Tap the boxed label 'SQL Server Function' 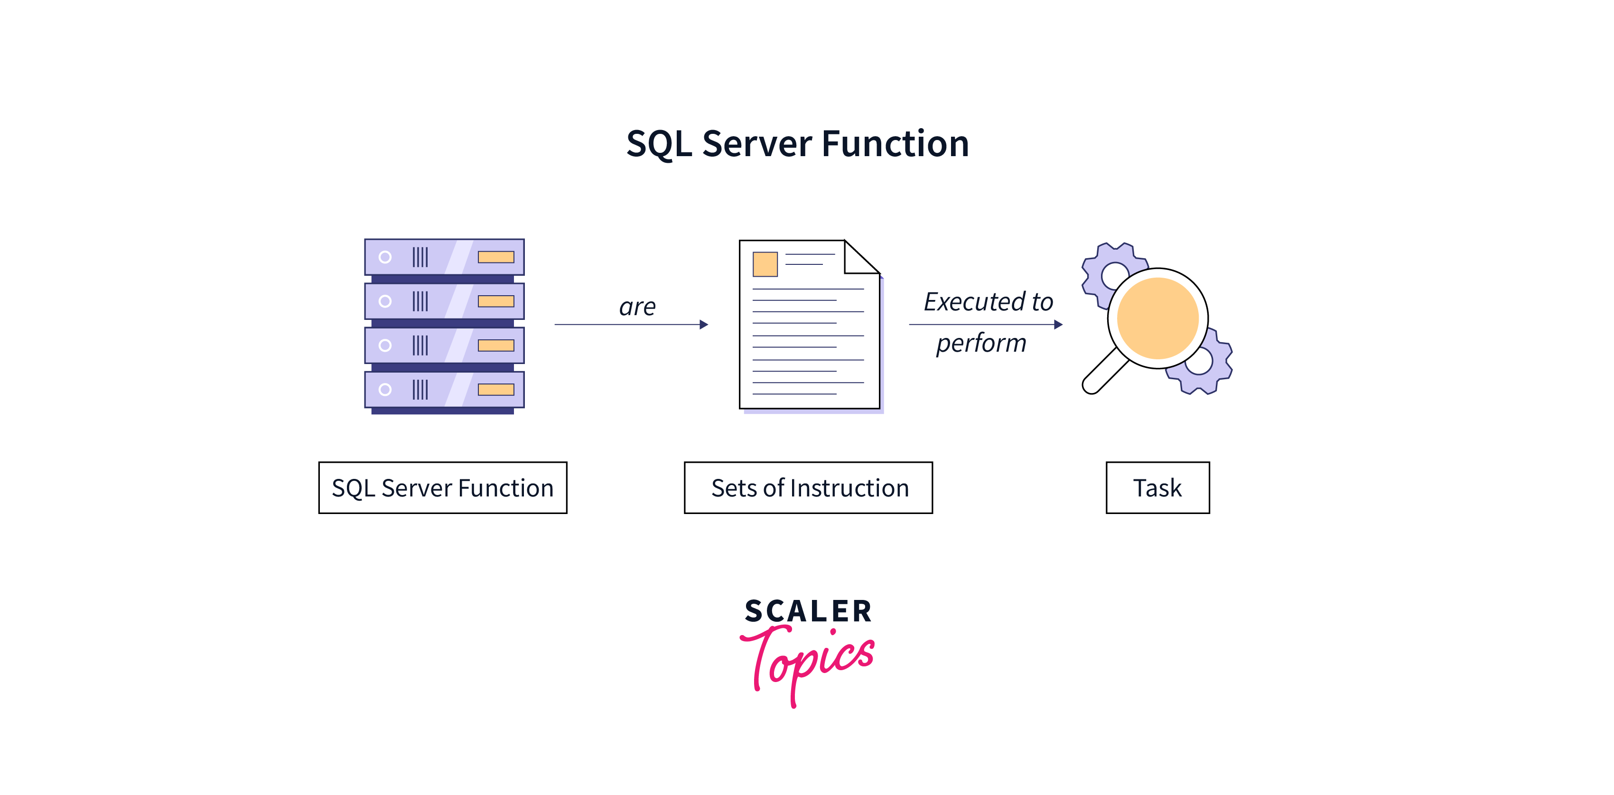pos(442,487)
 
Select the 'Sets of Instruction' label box pos(808,487)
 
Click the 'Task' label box pos(1157,487)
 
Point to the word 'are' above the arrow pos(637,307)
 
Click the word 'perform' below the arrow pos(981,343)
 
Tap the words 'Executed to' pos(988,302)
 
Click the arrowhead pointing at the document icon pos(704,325)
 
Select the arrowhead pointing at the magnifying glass pos(1058,325)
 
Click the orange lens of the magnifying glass pos(1157,318)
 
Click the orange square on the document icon pos(765,264)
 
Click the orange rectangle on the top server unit pos(495,257)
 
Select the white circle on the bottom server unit pos(385,390)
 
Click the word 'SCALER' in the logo pos(808,611)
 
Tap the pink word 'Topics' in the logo pos(808,661)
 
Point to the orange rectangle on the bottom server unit pos(495,390)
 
